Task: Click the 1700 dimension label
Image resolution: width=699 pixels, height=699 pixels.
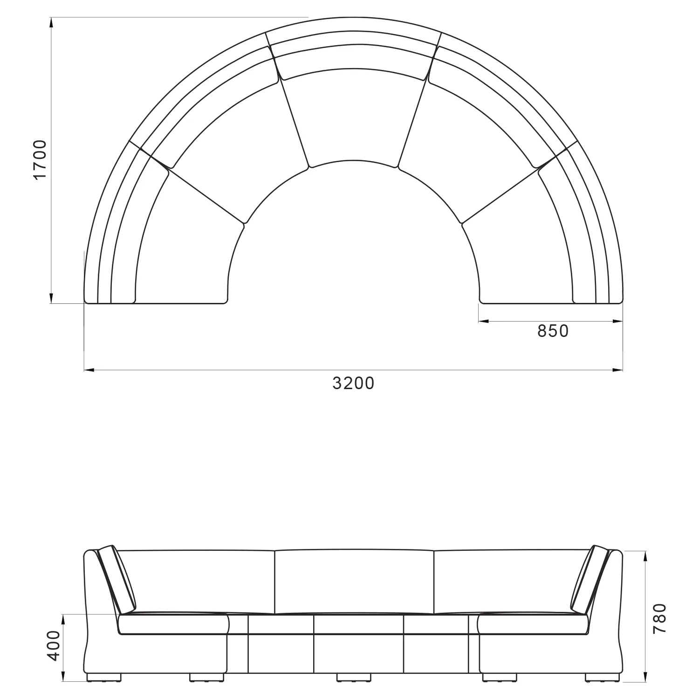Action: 41,159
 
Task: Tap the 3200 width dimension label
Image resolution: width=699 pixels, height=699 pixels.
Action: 354,383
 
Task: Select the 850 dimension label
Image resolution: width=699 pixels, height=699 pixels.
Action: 553,331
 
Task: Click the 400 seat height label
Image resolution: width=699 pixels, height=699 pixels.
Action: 54,645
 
